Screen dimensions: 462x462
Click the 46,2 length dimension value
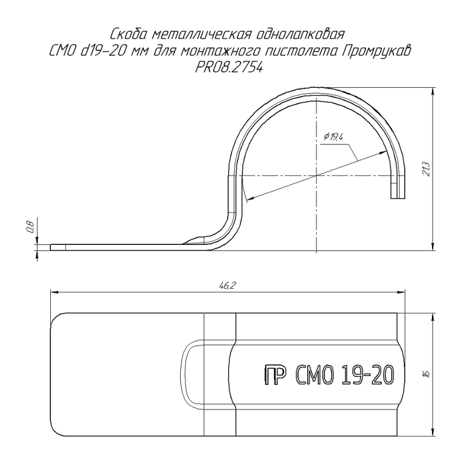[228, 285]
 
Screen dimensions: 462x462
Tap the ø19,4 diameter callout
[334, 137]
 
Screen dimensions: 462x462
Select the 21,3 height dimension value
[426, 169]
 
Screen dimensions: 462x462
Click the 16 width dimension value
[426, 374]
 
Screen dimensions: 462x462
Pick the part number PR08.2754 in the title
[229, 68]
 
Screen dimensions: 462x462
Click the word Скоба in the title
[128, 34]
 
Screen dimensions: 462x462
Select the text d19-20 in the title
[103, 51]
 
